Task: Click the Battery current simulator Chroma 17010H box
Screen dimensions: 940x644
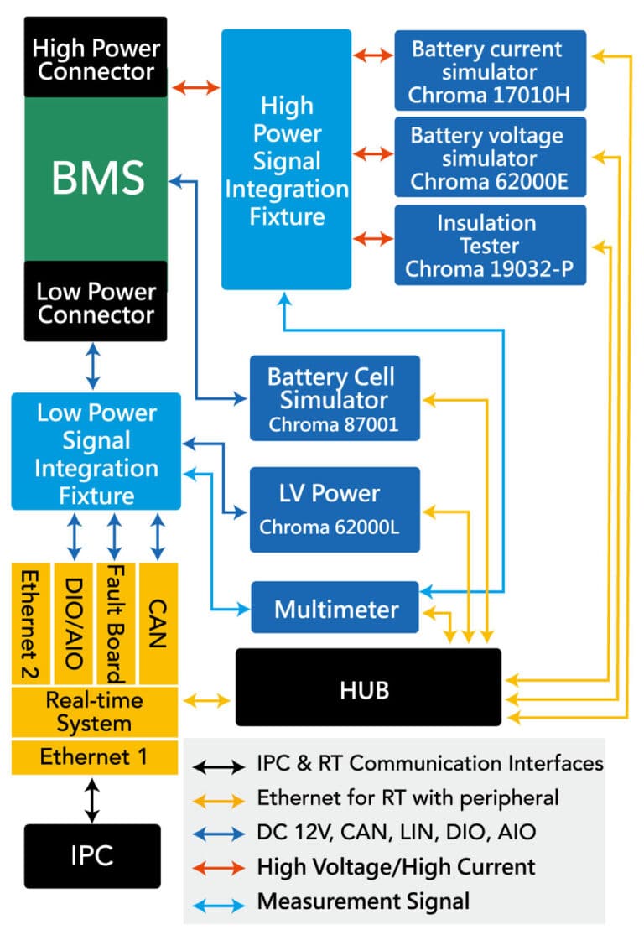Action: click(490, 71)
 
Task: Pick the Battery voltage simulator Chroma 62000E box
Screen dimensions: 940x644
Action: click(490, 158)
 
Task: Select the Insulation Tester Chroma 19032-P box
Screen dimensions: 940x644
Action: click(490, 246)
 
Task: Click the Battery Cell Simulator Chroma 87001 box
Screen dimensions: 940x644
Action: click(334, 399)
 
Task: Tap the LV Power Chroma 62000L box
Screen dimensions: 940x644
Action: click(334, 510)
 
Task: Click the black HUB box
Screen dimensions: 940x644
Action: click(367, 688)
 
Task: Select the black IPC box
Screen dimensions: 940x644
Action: click(91, 856)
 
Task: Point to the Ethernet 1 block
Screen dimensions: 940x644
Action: click(94, 757)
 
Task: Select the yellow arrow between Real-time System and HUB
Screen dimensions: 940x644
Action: click(207, 699)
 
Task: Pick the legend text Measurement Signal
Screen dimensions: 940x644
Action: click(363, 901)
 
